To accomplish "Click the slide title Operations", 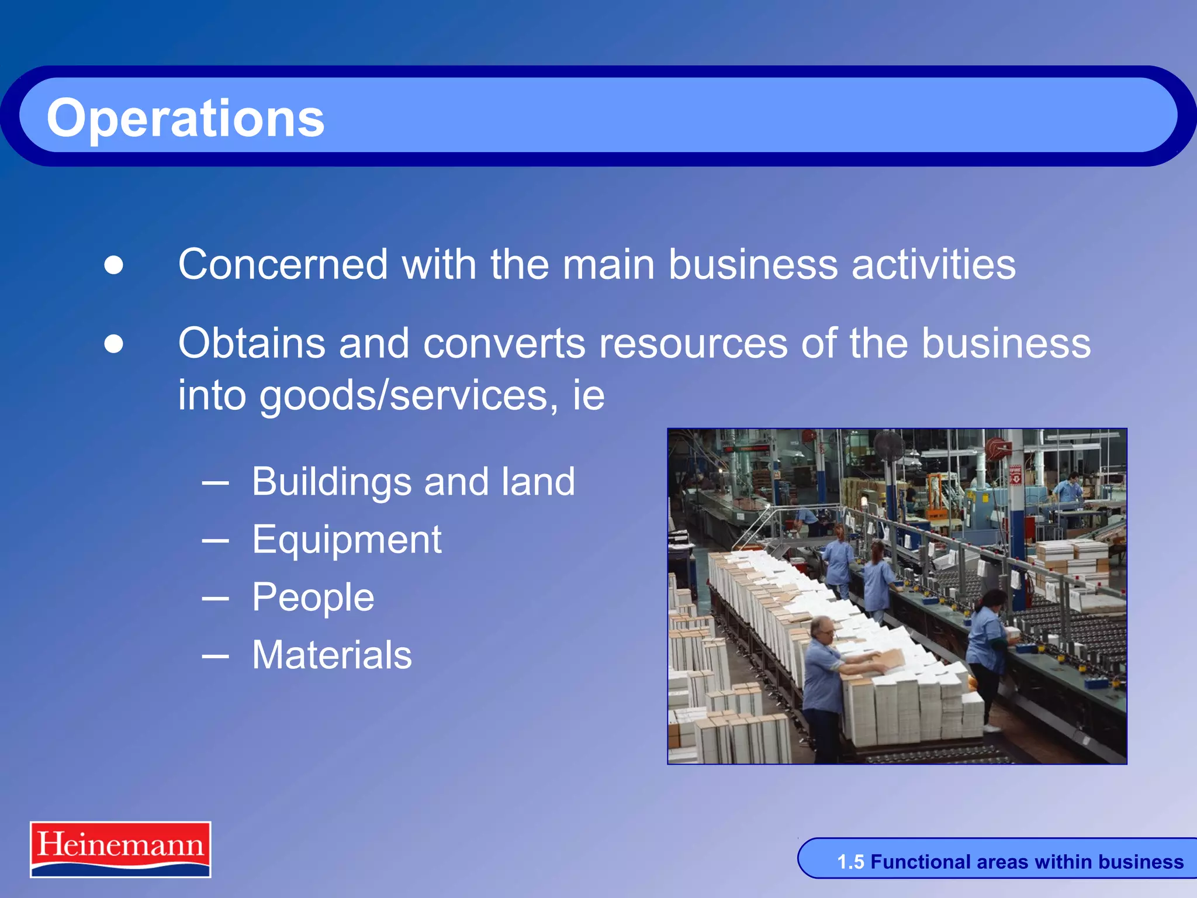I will point(185,118).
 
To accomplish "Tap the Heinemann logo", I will point(120,849).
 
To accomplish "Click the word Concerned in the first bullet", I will point(283,264).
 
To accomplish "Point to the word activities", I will point(933,264).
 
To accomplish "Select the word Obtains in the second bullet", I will point(251,343).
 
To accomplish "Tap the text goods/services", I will point(403,396).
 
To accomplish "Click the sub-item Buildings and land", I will point(413,482).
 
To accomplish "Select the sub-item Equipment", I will point(347,540).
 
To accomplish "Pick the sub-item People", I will point(313,597).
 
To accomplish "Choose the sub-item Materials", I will point(332,655).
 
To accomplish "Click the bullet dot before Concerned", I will point(114,265).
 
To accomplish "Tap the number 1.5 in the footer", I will point(850,862).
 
